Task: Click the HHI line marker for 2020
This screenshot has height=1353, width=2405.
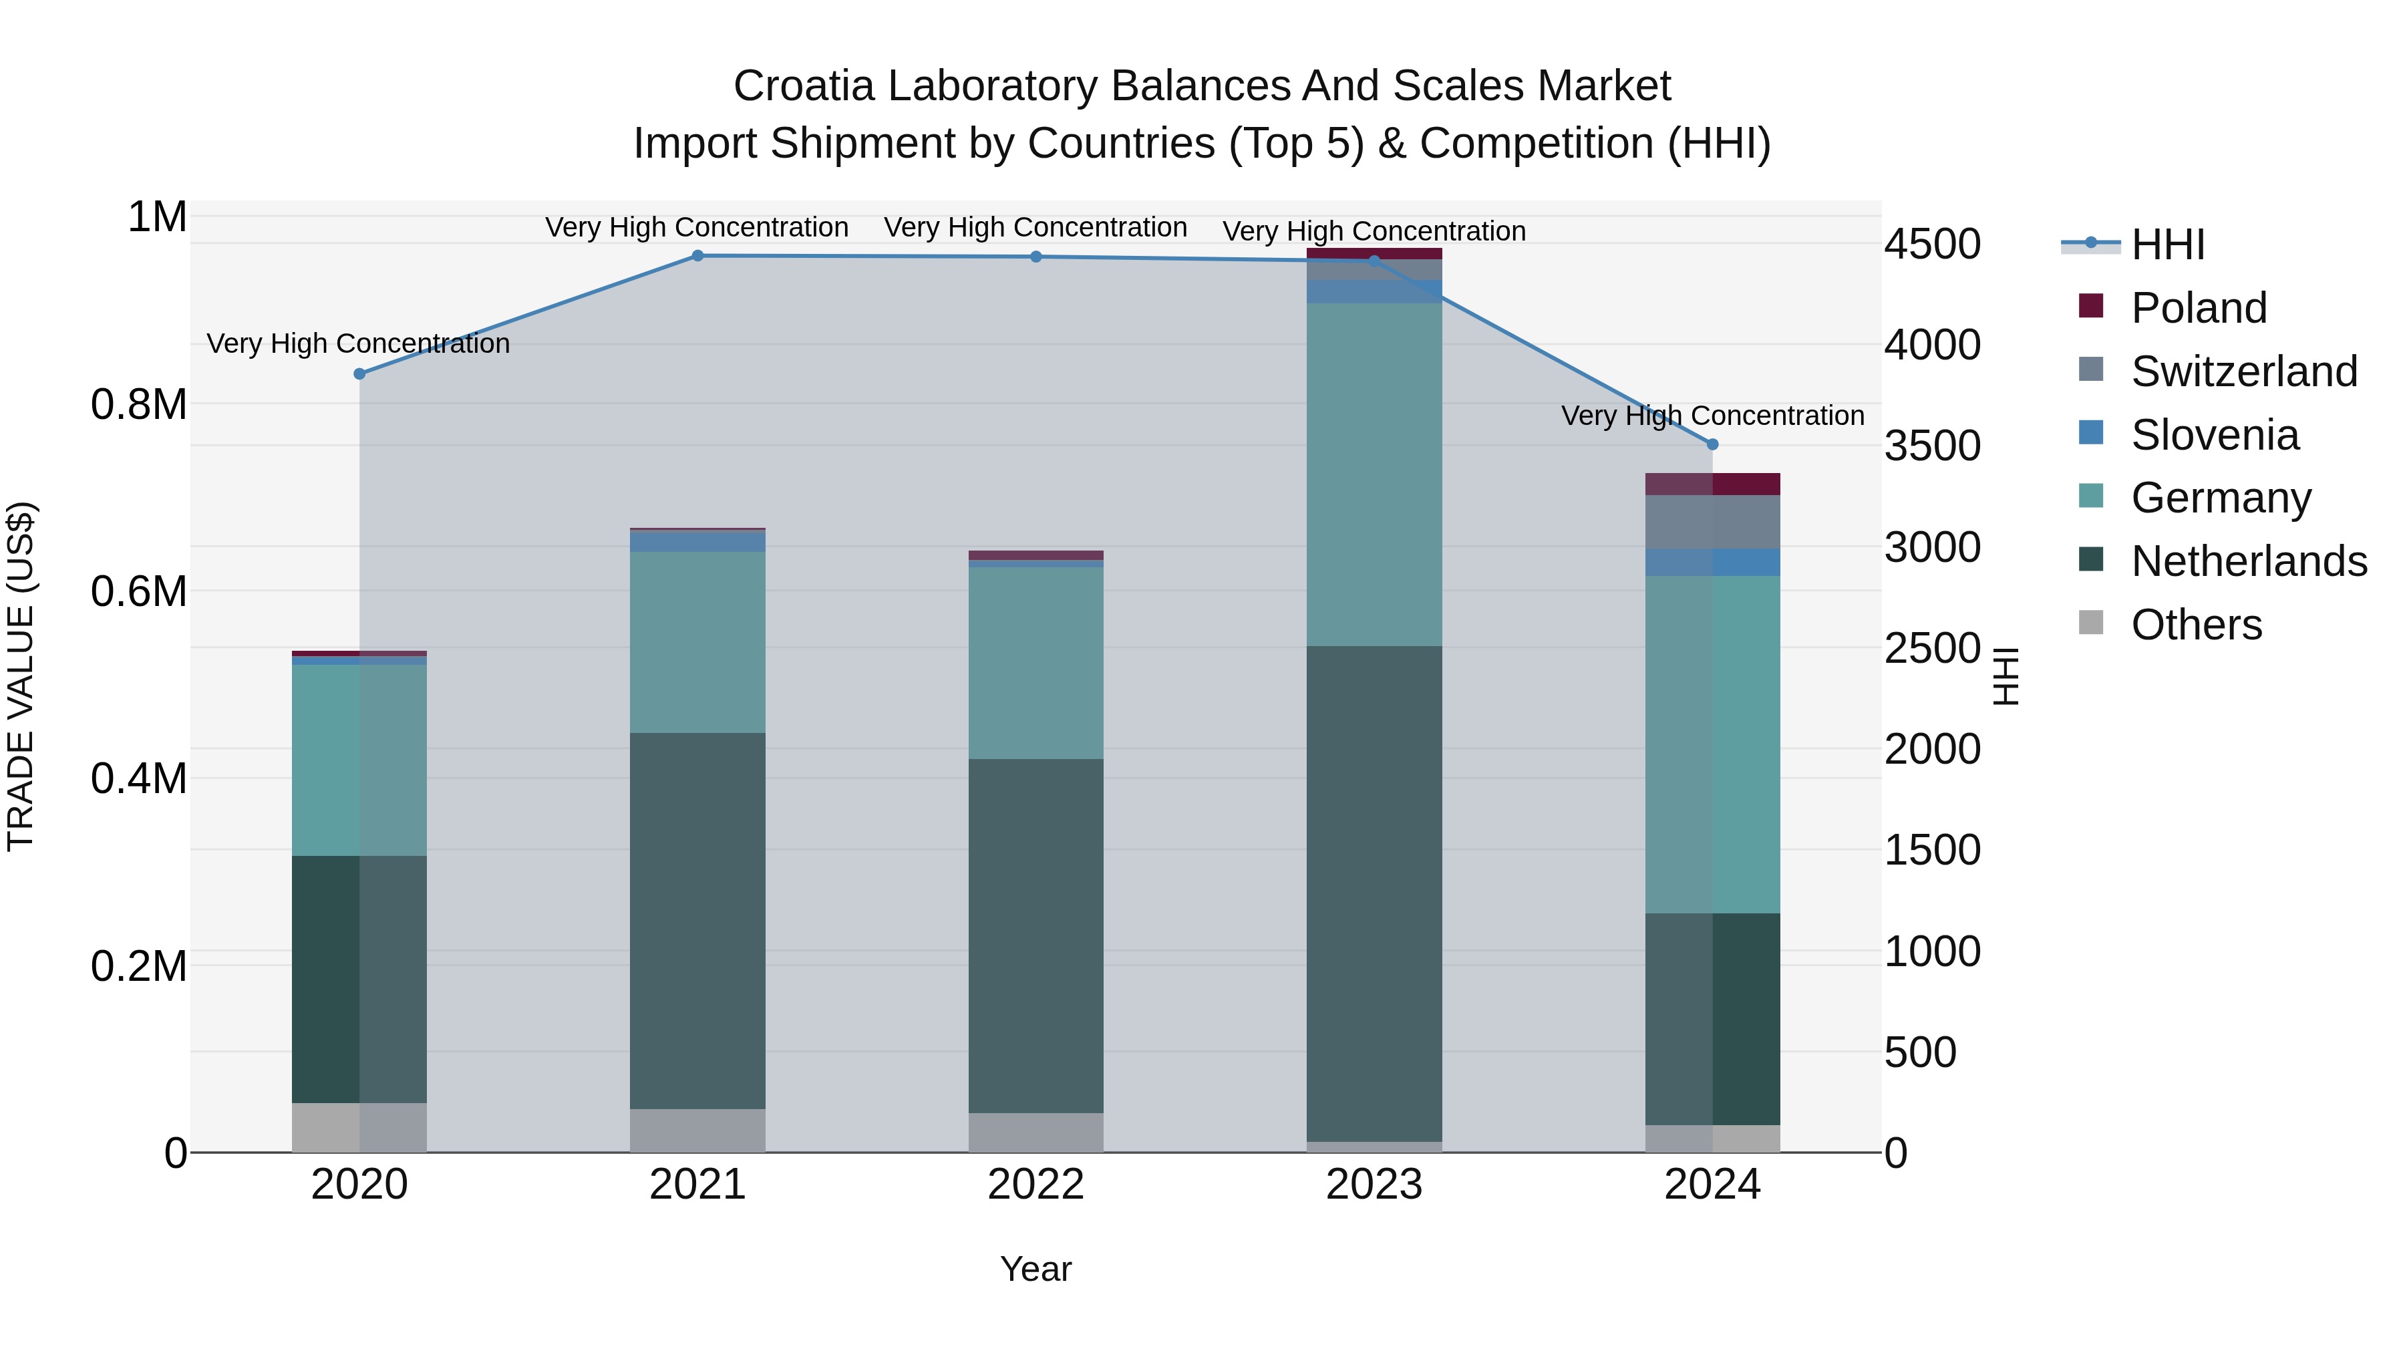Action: coord(359,373)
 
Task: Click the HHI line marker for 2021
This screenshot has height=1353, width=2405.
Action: coord(697,255)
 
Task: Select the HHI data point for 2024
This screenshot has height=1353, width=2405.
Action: coord(1712,444)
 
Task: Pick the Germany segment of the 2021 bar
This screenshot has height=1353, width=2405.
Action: coord(697,641)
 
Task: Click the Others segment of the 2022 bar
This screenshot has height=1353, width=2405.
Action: coord(1035,1132)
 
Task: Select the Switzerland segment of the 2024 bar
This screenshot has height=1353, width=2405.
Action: coord(1712,521)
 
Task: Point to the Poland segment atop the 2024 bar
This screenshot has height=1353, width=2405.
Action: coord(1712,484)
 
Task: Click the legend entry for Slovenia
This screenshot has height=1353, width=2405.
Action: coord(2215,434)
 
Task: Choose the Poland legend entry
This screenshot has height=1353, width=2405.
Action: coord(2198,307)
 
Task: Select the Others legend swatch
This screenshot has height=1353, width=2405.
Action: coord(2091,623)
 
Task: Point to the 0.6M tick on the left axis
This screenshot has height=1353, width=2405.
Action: coord(138,591)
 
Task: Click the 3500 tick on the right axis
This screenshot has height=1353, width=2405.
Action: coord(1931,446)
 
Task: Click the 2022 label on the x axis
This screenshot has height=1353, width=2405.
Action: coord(1035,1185)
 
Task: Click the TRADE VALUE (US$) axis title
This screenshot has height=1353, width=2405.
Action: coord(21,676)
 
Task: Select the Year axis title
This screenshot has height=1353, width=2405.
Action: coord(1035,1269)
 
